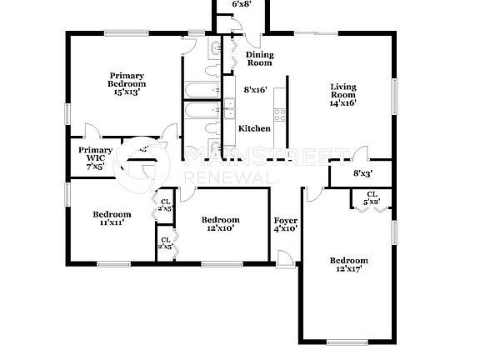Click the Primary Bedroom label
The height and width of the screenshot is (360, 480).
point(127,79)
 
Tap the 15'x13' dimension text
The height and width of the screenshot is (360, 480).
point(127,92)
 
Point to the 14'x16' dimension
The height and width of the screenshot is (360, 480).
point(343,103)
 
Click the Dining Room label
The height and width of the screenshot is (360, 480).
point(259,59)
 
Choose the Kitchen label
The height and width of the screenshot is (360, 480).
point(254,128)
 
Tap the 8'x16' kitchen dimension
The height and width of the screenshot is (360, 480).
point(255,89)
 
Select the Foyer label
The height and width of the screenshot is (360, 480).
point(286,220)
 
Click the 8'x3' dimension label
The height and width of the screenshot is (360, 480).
point(362,174)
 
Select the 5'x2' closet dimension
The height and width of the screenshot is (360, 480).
point(371,201)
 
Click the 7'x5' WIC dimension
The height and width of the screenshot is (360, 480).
point(96,166)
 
